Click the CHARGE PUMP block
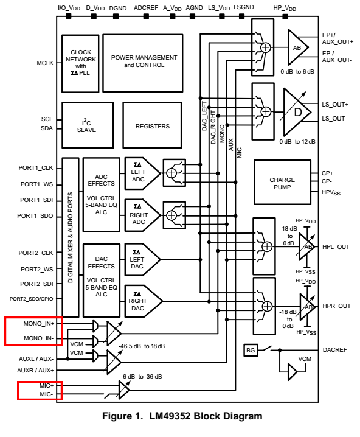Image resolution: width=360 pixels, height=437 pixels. tap(282, 182)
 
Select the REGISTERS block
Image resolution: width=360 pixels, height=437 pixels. tap(152, 125)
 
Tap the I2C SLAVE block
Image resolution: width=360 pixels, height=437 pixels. tap(88, 125)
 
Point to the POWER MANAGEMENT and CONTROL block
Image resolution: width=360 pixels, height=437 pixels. tap(143, 63)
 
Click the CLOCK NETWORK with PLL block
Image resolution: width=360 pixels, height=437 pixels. tap(80, 63)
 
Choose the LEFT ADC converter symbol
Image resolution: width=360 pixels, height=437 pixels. tap(142, 173)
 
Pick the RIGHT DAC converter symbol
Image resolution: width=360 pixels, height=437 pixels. tap(143, 301)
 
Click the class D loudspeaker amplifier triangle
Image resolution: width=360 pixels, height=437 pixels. tap(296, 112)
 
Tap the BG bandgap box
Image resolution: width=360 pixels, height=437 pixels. tap(251, 350)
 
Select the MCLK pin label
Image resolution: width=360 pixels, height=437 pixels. tap(45, 63)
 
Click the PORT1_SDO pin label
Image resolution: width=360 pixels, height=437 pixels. tap(35, 216)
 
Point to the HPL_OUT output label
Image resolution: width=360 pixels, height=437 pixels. tap(336, 247)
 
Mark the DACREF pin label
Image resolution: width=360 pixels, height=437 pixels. tap(335, 350)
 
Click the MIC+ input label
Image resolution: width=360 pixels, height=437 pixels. tap(46, 386)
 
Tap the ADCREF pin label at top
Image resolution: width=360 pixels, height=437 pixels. tap(146, 8)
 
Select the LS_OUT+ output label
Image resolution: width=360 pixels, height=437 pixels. tap(335, 105)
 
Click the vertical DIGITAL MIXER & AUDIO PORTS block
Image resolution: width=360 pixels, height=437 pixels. tap(71, 237)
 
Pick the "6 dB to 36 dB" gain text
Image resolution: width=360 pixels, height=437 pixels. tap(142, 377)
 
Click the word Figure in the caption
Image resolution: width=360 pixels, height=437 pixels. tap(117, 416)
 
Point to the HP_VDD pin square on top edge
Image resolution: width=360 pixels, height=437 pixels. tap(285, 16)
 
